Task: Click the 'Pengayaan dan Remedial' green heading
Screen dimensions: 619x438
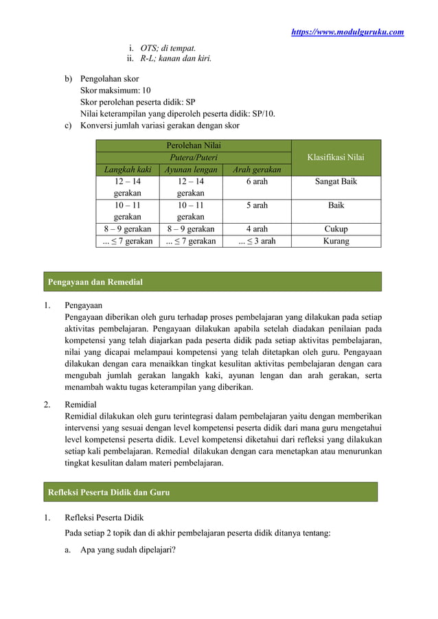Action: point(94,282)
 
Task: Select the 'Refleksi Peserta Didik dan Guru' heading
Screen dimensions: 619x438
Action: point(108,492)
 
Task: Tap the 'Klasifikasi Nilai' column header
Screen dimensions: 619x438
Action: point(336,157)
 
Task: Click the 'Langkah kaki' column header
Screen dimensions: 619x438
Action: point(127,170)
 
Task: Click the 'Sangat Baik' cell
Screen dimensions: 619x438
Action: point(336,182)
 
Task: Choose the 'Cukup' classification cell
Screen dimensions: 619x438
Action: point(336,229)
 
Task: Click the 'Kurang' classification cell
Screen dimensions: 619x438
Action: point(336,241)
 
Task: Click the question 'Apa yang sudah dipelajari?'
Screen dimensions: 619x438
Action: point(128,549)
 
